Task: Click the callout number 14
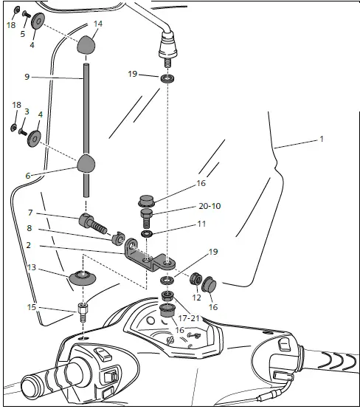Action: pyautogui.click(x=98, y=24)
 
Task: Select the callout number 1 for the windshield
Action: pyautogui.click(x=321, y=139)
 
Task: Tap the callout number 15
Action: pyautogui.click(x=30, y=307)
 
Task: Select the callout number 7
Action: pyautogui.click(x=30, y=213)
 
